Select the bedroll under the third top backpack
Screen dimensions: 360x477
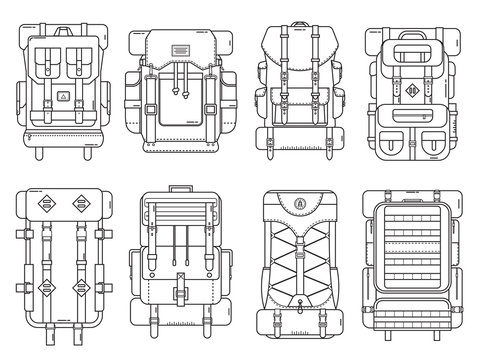tap(298, 146)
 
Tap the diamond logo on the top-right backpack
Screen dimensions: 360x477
tap(412, 92)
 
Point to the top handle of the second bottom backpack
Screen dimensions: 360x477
tap(180, 187)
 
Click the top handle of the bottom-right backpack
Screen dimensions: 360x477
tap(413, 189)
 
